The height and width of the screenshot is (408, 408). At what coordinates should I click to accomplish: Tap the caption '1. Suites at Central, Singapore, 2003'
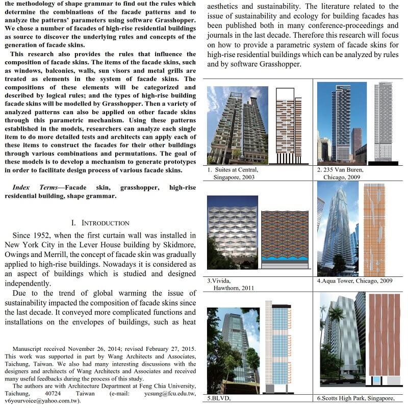click(x=233, y=173)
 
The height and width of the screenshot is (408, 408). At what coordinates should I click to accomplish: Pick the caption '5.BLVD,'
click(x=220, y=397)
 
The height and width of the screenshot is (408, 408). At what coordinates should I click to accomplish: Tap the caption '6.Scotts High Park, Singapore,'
click(x=355, y=397)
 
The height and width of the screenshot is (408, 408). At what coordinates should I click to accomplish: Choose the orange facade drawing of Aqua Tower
click(x=374, y=229)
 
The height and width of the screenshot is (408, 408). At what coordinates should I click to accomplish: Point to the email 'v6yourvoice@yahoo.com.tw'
click(x=42, y=401)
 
